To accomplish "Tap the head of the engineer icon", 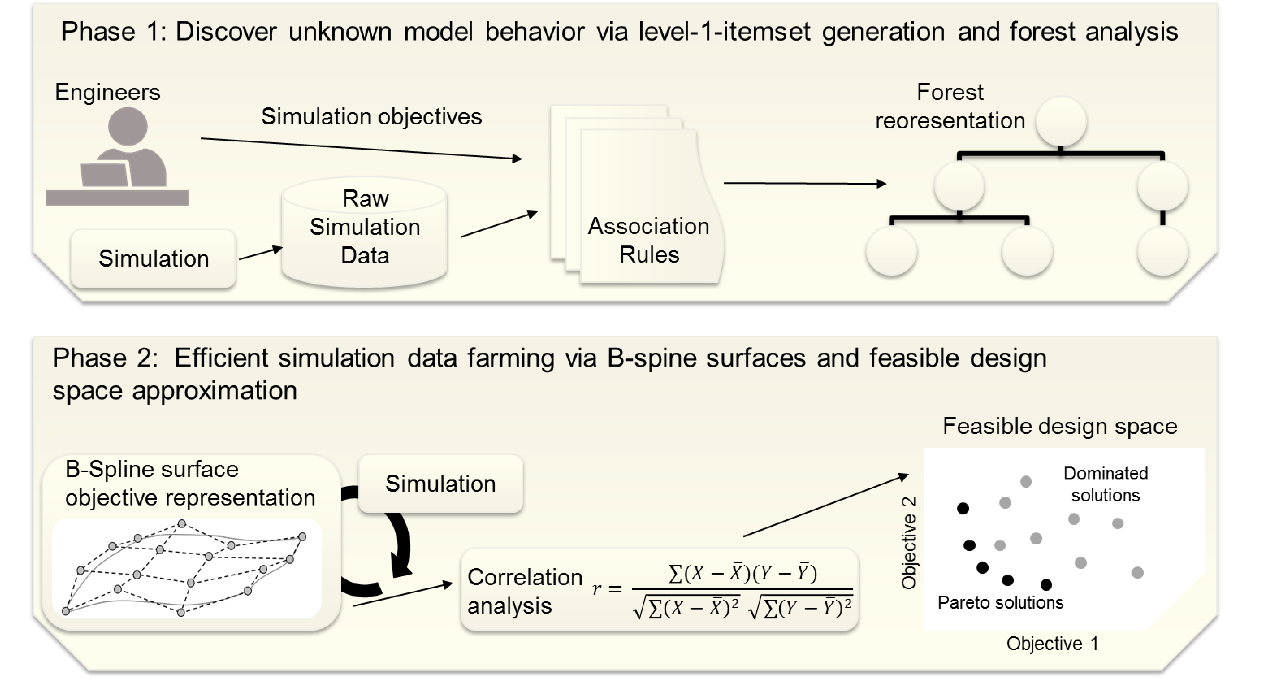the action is click(x=128, y=126).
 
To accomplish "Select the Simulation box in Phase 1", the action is click(x=153, y=258).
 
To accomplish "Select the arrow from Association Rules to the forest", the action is click(x=805, y=183).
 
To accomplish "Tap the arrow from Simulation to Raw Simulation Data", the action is click(x=260, y=253).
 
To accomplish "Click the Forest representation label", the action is click(x=950, y=106).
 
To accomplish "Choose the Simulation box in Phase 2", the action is click(x=441, y=484).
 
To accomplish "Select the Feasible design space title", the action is click(x=1060, y=426).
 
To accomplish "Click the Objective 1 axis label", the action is click(x=1052, y=643).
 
